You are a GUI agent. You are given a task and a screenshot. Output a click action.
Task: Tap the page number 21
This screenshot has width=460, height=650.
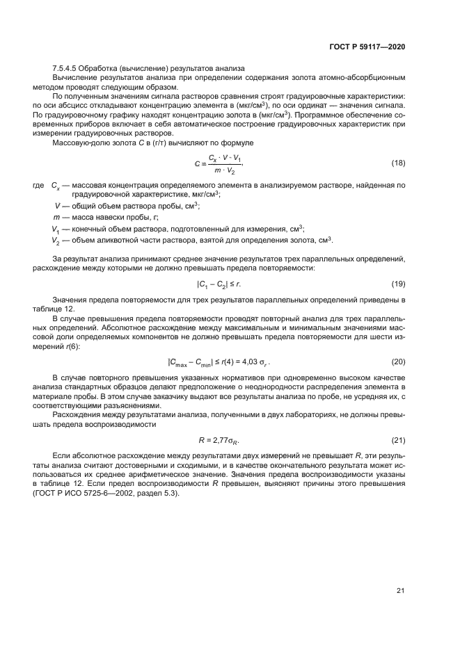[x=400, y=591]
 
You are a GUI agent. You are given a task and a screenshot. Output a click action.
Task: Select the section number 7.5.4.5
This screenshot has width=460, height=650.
[x=64, y=67]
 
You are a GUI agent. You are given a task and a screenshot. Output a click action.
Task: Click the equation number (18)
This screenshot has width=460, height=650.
[x=398, y=182]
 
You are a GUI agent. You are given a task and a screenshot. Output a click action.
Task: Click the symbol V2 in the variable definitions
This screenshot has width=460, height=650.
[x=56, y=241]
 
